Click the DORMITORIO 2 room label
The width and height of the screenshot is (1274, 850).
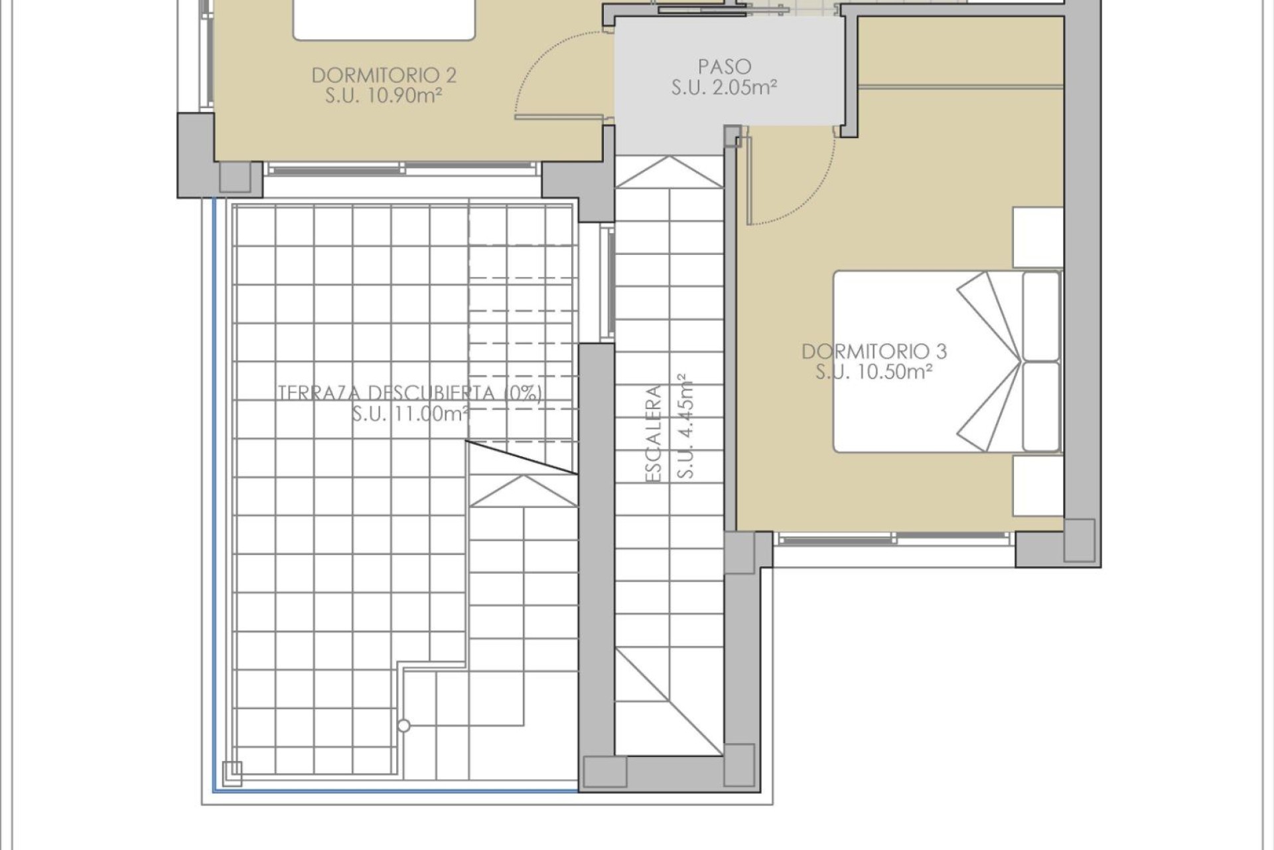pos(384,75)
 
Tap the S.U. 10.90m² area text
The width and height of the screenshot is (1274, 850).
pos(384,96)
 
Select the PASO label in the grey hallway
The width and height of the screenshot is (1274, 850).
pos(725,66)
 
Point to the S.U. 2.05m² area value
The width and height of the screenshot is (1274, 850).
pos(725,88)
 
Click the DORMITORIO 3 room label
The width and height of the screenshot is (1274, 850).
pos(874,351)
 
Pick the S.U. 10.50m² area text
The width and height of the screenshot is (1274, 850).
pos(874,372)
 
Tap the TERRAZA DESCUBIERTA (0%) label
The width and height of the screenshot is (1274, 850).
pos(409,393)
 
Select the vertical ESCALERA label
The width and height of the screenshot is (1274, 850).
pos(654,433)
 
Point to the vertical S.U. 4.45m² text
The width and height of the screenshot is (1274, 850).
pos(685,425)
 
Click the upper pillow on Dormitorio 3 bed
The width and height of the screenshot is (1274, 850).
pos(1041,315)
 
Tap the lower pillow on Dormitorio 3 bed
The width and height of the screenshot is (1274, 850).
pos(1041,406)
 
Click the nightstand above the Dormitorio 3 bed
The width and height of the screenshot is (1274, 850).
pos(1037,237)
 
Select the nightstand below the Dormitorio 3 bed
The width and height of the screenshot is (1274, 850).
pos(1037,486)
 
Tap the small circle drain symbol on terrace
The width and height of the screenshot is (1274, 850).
pos(403,726)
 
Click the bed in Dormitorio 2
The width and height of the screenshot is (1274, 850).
pos(384,19)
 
